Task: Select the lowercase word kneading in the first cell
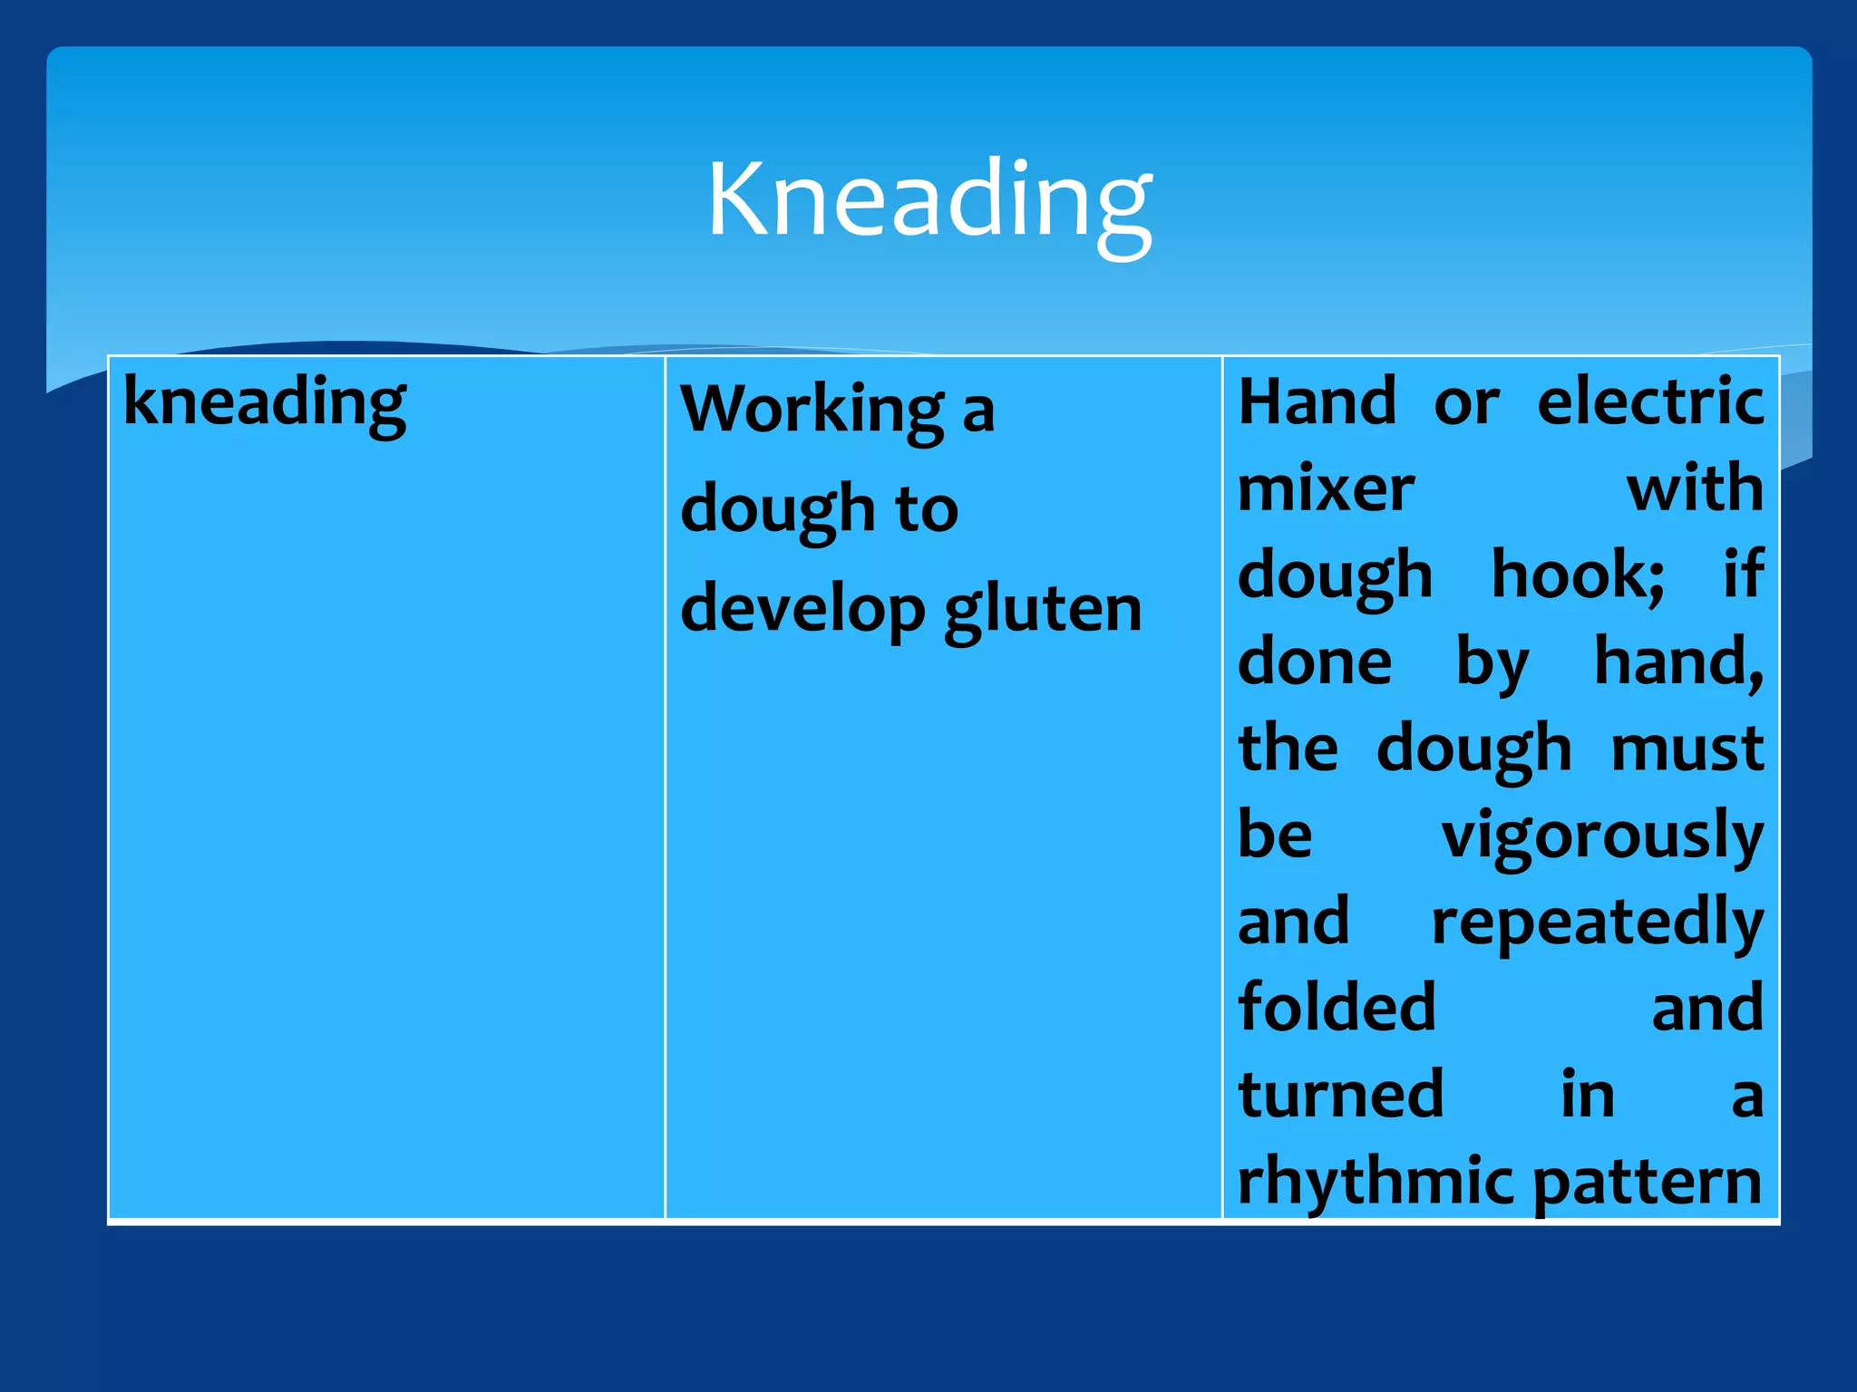point(264,401)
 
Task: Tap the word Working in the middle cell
point(812,410)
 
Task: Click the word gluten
point(1043,609)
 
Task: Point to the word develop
point(802,609)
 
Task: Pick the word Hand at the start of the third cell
point(1317,401)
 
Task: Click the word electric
point(1650,401)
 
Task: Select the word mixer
point(1326,488)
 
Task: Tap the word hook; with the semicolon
point(1578,575)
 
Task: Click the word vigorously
point(1602,836)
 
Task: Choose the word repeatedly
point(1597,923)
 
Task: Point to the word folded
point(1337,1008)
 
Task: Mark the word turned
point(1340,1095)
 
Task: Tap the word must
point(1687,749)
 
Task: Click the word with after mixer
point(1694,488)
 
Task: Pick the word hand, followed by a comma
point(1678,662)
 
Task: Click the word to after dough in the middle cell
point(927,509)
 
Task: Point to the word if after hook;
point(1743,575)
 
